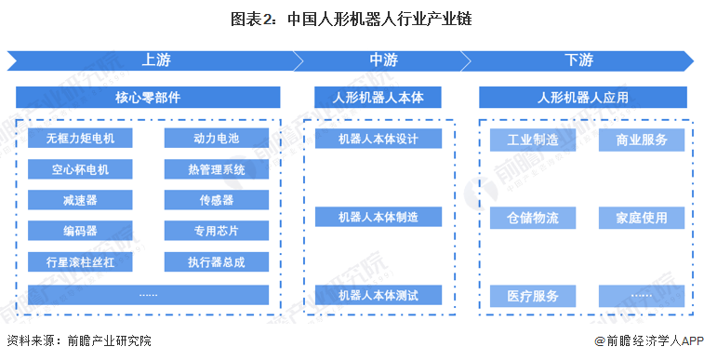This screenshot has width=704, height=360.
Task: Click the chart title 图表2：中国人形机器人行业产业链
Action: pos(352,18)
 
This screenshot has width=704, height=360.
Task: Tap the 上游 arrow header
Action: pos(154,60)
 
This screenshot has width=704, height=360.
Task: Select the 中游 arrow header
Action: pos(383,60)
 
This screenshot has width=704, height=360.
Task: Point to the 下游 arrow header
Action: pos(578,60)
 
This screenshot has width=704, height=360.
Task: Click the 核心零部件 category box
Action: pos(148,97)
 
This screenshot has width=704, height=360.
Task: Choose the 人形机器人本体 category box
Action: pos(378,97)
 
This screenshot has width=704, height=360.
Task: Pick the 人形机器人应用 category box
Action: pos(583,97)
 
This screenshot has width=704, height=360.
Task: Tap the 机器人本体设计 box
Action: pos(378,139)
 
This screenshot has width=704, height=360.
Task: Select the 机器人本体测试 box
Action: pos(378,296)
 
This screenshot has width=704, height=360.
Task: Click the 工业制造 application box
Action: pos(533,140)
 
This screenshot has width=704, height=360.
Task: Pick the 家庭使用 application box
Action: pos(642,218)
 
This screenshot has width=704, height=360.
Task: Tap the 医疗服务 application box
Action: pos(533,296)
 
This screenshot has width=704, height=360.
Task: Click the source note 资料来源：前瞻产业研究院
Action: pos(78,341)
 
